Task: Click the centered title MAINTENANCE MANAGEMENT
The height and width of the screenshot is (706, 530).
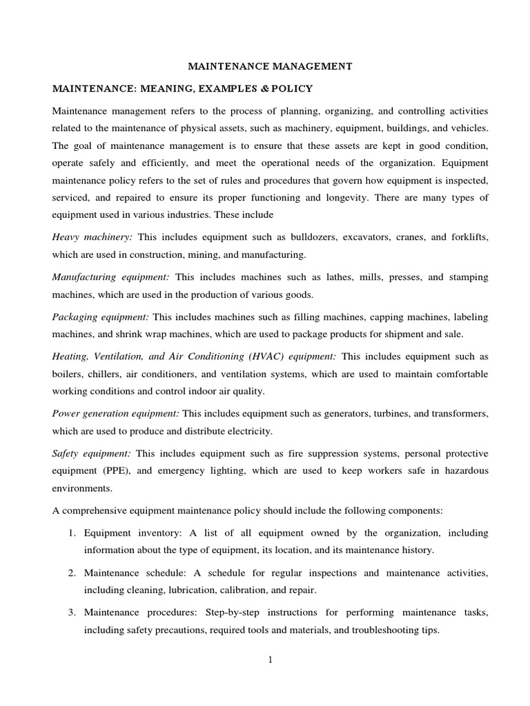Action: point(271,66)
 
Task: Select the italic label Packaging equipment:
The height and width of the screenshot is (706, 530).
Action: point(101,317)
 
